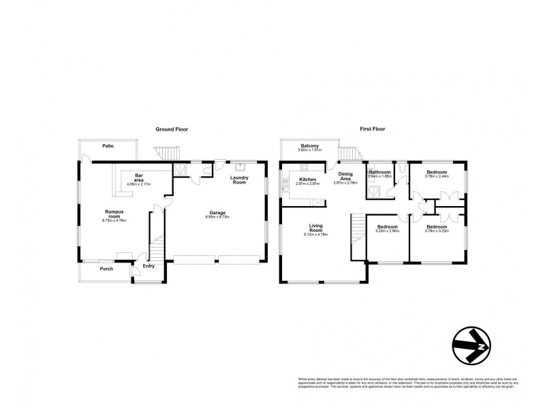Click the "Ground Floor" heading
point(172,129)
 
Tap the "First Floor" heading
point(372,129)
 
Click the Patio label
point(108,145)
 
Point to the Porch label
point(105,269)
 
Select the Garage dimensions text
point(217,217)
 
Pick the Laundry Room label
point(239,180)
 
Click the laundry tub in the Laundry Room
point(239,165)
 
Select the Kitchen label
point(309,179)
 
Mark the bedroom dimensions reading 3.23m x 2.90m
point(387,231)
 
